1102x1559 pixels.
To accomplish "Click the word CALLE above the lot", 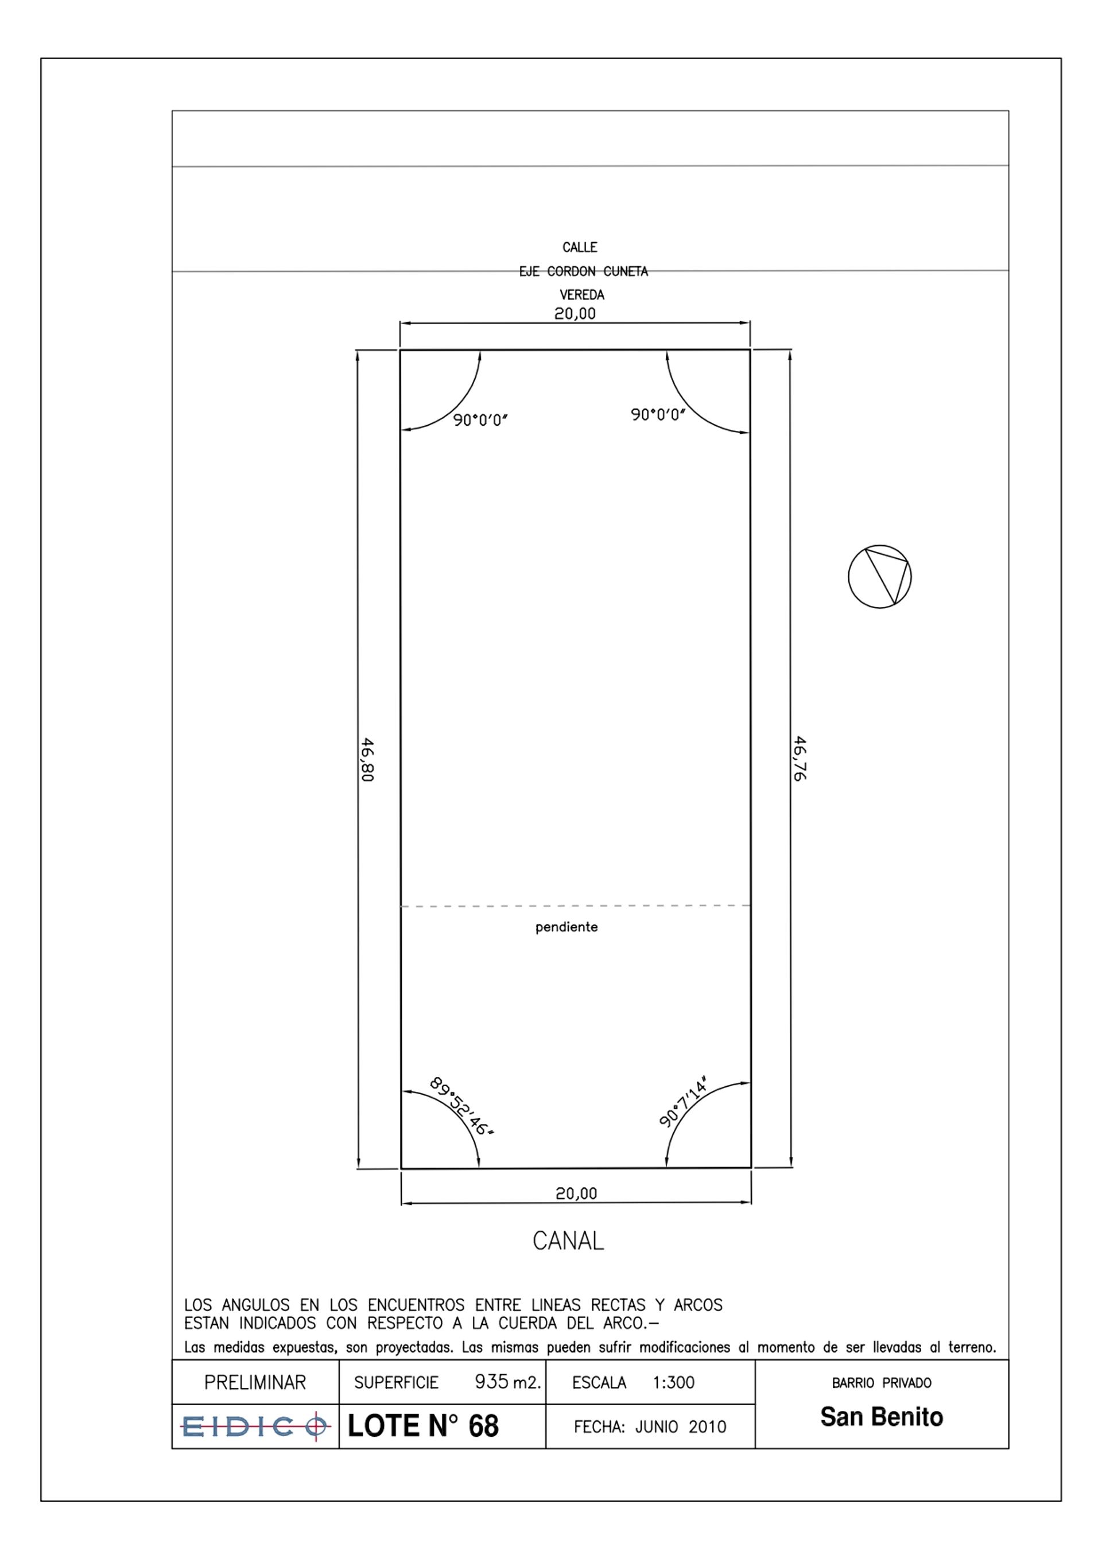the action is pos(580,247).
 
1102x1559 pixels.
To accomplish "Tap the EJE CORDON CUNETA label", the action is pos(584,271).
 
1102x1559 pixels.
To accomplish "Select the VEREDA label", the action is pos(581,295).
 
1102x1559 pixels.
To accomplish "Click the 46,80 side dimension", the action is pos(367,759).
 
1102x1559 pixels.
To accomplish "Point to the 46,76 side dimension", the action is pos(800,759).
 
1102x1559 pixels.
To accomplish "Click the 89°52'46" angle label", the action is pos(462,1106).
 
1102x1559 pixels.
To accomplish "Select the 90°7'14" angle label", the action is pos(684,1101).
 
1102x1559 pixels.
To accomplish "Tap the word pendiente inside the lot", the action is pos(566,927).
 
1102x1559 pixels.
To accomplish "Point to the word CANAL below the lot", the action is pos(568,1241).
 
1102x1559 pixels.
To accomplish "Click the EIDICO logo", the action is pos(255,1426).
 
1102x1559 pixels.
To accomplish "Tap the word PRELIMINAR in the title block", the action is pos(255,1382).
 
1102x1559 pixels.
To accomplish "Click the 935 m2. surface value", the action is pos(508,1382).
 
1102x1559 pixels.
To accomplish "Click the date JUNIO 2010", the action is pos(681,1427).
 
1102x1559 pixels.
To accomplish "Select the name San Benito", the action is pos(882,1417).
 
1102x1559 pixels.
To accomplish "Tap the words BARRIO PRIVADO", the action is pos(882,1383).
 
